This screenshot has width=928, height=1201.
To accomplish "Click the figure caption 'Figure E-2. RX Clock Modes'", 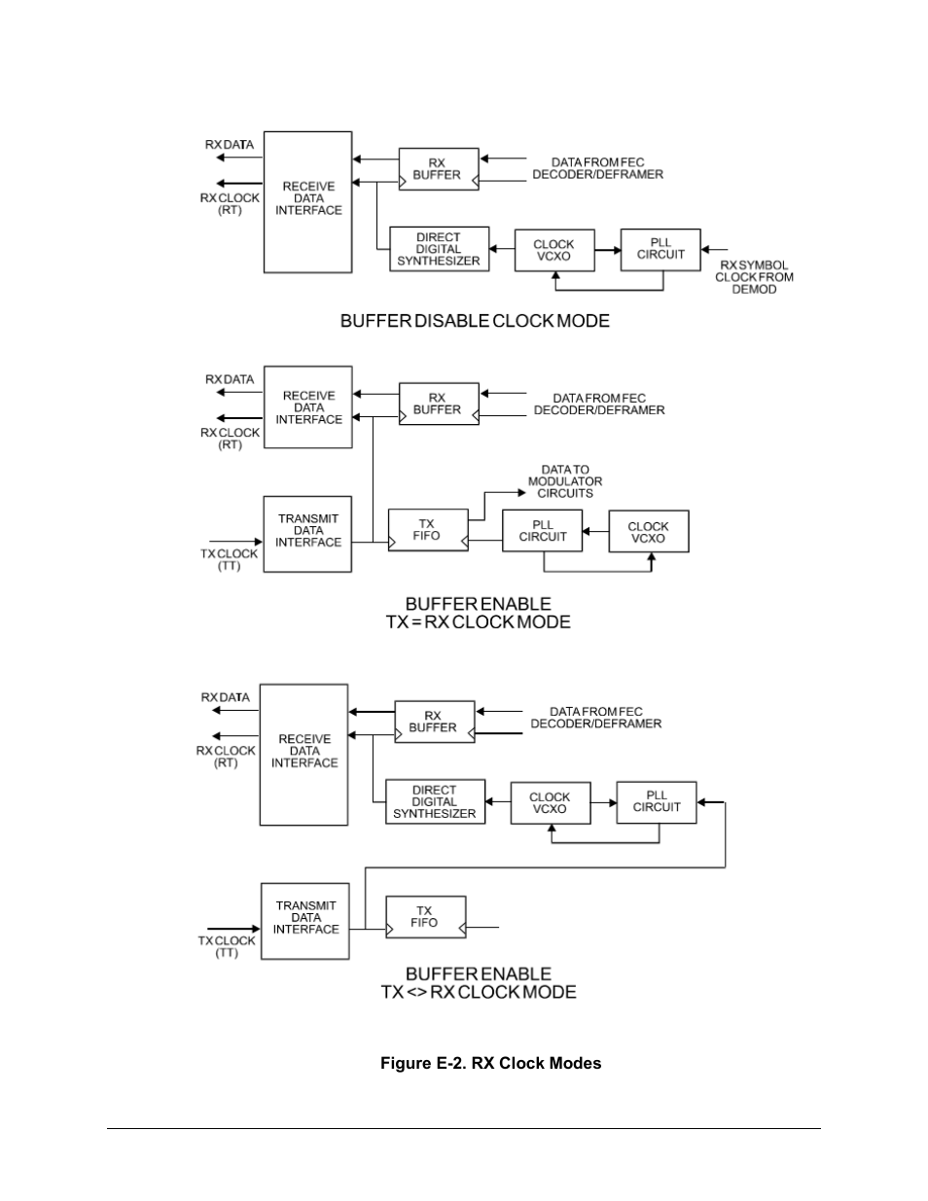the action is tap(490, 1063).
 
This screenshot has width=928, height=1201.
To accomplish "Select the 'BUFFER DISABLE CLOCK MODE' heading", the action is tap(475, 321).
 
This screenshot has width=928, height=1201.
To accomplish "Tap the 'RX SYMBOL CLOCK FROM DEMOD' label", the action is tap(754, 277).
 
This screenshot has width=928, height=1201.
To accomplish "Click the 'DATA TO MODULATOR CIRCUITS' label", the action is tap(565, 481).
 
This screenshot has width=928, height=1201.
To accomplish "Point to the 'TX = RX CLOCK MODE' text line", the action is tap(478, 621).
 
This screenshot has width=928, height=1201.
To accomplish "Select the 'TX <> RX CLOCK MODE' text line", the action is tap(478, 992).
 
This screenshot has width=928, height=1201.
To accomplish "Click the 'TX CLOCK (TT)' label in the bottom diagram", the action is tap(227, 946).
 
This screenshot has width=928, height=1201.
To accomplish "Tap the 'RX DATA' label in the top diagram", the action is tap(230, 144).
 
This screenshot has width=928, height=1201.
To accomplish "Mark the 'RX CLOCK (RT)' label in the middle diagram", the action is tap(230, 439).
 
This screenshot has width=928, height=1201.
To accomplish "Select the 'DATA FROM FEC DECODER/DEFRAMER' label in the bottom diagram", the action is tap(596, 718).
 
